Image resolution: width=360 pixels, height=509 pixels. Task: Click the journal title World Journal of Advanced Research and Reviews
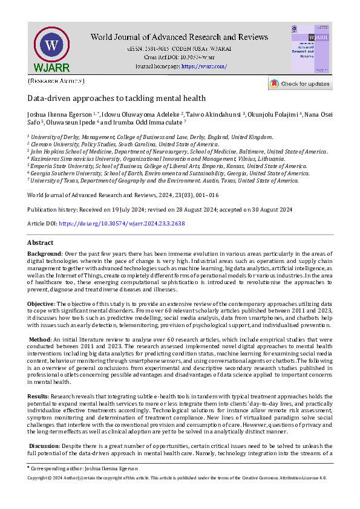(179, 37)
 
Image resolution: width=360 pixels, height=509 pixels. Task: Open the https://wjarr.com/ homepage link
(204, 66)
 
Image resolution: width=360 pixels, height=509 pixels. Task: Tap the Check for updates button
(300, 84)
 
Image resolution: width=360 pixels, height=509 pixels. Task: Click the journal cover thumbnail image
(311, 49)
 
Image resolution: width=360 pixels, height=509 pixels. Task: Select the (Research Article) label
(56, 80)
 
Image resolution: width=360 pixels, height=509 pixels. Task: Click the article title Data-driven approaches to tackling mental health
(117, 98)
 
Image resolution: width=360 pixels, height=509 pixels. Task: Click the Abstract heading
(40, 242)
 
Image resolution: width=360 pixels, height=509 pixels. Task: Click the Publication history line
(160, 209)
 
